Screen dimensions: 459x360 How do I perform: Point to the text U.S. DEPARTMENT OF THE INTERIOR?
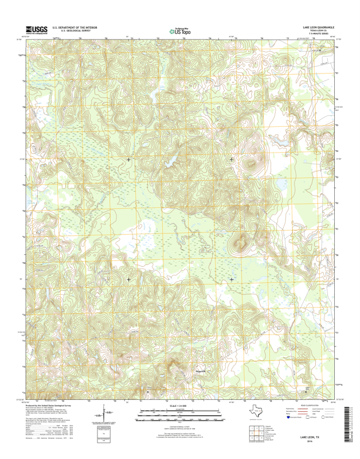pyautogui.click(x=75, y=27)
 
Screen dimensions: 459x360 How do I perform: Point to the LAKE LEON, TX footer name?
pyautogui.click(x=310, y=437)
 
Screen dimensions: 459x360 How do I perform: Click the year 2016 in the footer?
pyautogui.click(x=310, y=441)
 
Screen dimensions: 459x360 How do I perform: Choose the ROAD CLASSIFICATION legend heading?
pyautogui.click(x=310, y=405)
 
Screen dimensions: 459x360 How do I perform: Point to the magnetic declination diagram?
pyautogui.click(x=104, y=414)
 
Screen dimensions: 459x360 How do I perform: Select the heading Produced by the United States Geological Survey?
pyautogui.click(x=55, y=404)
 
